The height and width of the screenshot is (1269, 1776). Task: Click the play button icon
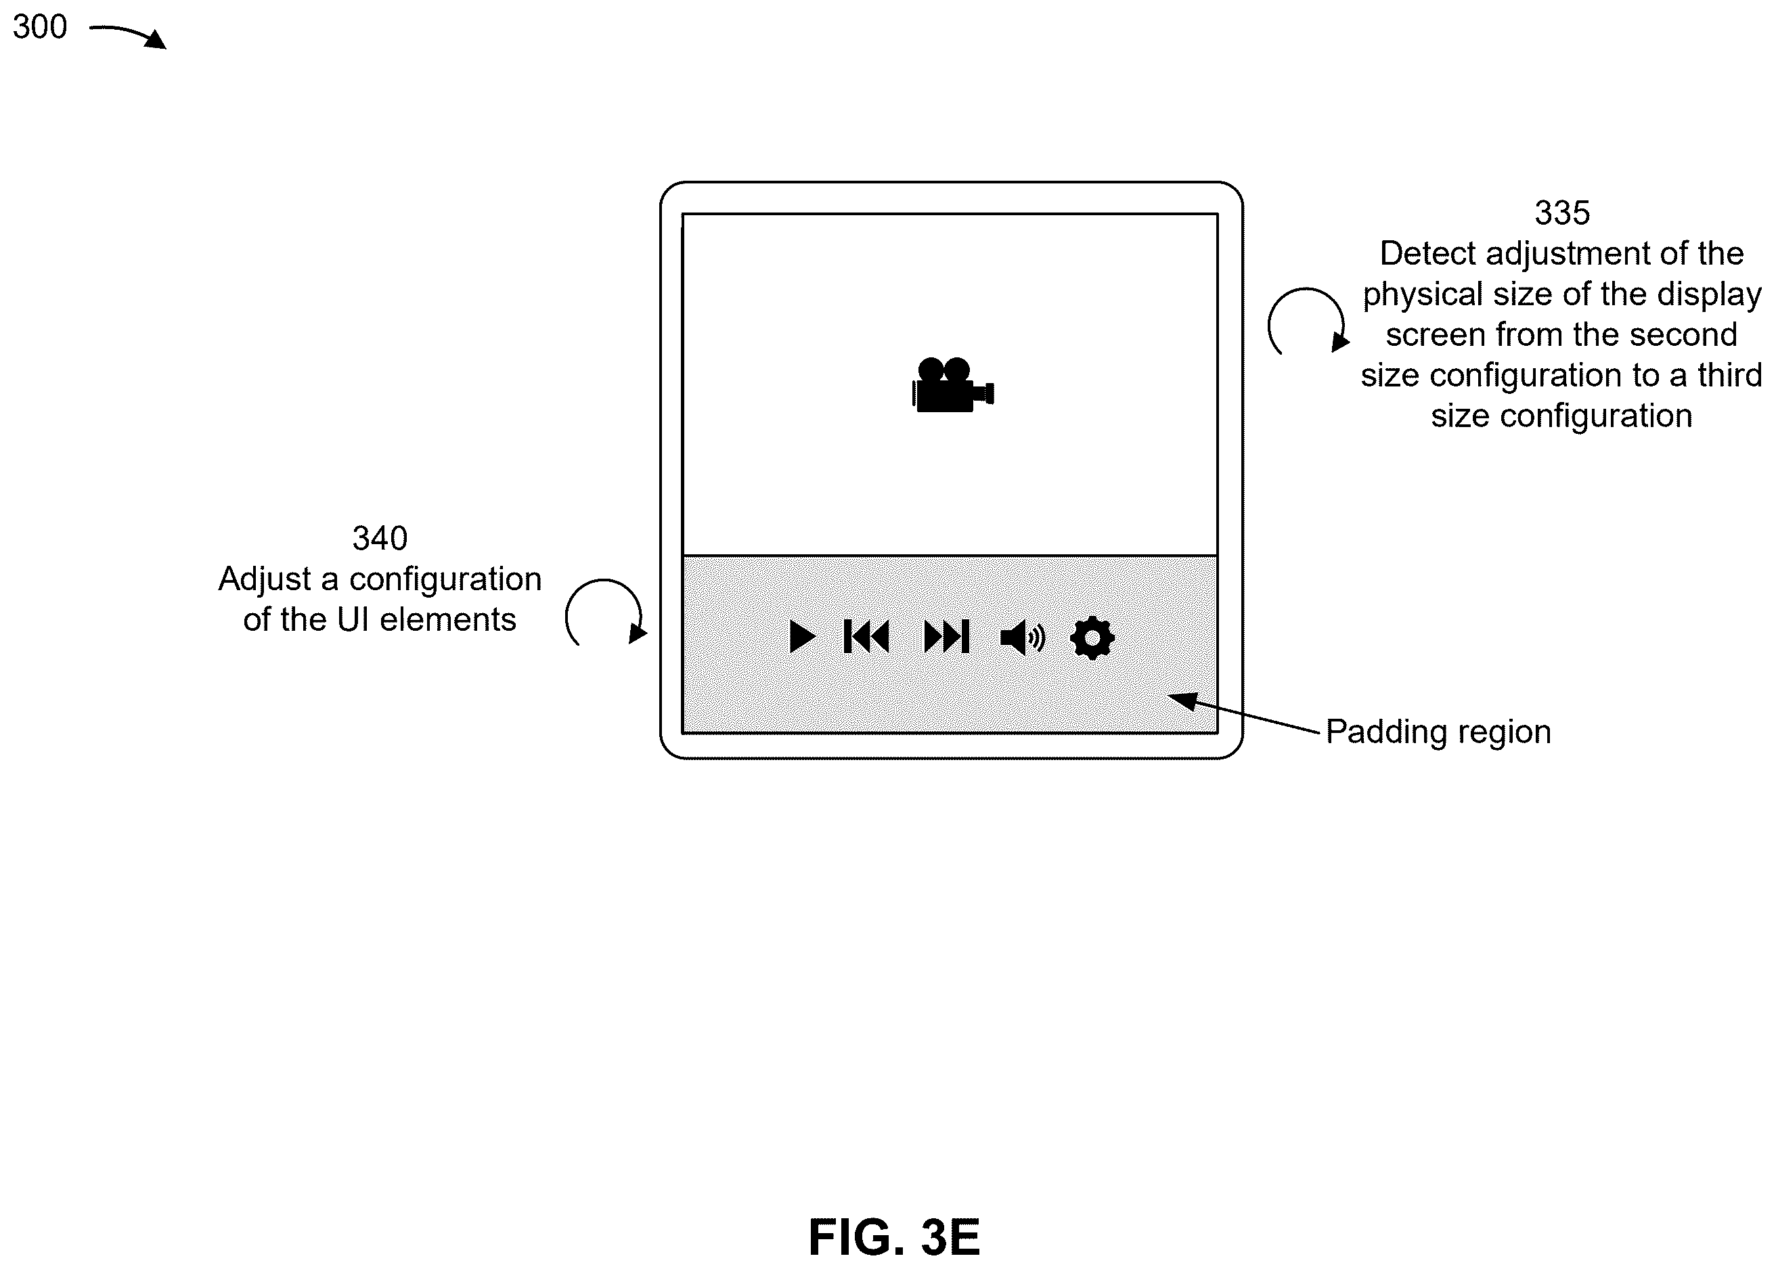pyautogui.click(x=801, y=637)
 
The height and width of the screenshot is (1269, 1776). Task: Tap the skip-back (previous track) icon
pyautogui.click(x=866, y=637)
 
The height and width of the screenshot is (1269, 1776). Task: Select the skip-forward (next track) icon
pyautogui.click(x=947, y=637)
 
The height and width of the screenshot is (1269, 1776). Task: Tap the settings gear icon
pyautogui.click(x=1092, y=638)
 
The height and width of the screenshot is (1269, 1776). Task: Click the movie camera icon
pyautogui.click(x=953, y=384)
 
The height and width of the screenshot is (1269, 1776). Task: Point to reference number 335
pyautogui.click(x=1562, y=213)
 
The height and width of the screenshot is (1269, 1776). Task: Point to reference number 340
pyautogui.click(x=380, y=538)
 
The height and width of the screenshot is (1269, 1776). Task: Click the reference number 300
pyautogui.click(x=40, y=27)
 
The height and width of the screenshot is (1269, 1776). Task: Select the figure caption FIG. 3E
pyautogui.click(x=894, y=1237)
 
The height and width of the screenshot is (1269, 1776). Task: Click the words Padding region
pyautogui.click(x=1438, y=732)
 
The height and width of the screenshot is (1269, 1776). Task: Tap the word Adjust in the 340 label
pyautogui.click(x=264, y=580)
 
